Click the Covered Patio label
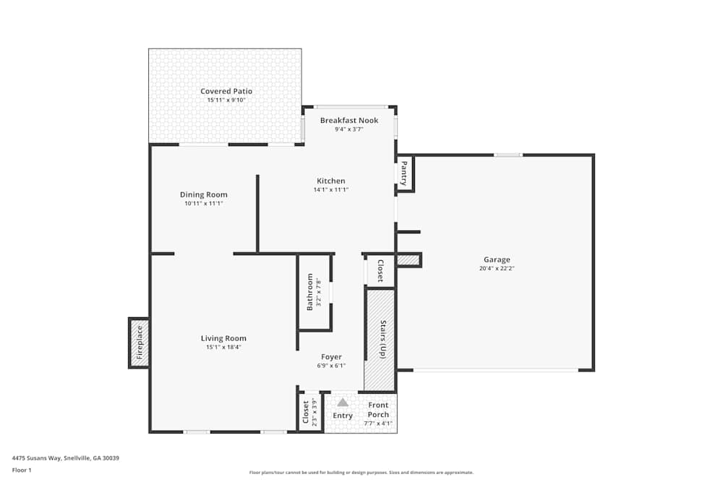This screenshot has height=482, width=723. pos(226,91)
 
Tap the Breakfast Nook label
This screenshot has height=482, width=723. pos(349,120)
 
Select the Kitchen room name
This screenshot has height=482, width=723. pos(331,181)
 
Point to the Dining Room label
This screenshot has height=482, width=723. pos(204,194)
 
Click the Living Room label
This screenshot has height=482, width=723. pos(223,338)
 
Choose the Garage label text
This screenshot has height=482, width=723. pos(497,259)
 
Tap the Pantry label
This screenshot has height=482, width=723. pos(404,173)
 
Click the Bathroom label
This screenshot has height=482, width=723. pos(310,291)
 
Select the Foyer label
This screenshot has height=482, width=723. pos(331,357)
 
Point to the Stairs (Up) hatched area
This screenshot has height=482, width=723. pos(380,340)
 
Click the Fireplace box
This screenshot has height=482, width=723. pos(139,343)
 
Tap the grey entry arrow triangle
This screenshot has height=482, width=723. pos(343,402)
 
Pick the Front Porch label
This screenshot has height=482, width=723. pos(378,410)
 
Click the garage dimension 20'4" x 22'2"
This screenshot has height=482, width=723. pos(497,268)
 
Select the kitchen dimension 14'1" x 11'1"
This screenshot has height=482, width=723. pos(331,189)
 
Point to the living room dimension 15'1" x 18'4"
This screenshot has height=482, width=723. pos(223,347)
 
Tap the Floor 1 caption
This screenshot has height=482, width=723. pos(22,470)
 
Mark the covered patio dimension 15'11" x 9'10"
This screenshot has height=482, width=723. pos(226,100)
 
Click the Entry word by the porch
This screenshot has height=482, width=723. pos(343,416)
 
